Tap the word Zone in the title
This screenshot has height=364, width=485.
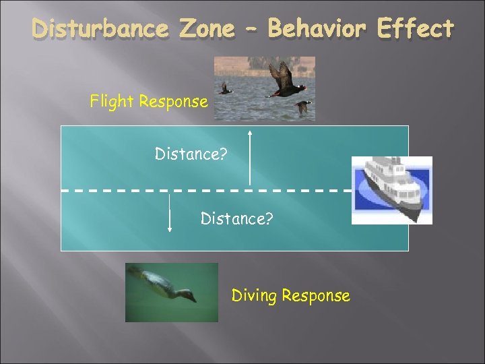(214, 29)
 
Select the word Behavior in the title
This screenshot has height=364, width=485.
(319, 29)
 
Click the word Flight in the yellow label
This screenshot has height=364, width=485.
(112, 102)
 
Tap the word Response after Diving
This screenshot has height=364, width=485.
(315, 296)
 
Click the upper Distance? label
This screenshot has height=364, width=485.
(191, 154)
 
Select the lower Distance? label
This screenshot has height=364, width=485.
(236, 218)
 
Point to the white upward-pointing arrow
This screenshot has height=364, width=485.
(250, 159)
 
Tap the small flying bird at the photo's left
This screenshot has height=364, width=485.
(226, 88)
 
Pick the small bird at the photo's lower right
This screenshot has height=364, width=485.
(303, 106)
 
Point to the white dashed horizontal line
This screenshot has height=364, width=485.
(202, 190)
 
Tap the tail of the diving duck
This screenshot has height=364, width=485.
(134, 271)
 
